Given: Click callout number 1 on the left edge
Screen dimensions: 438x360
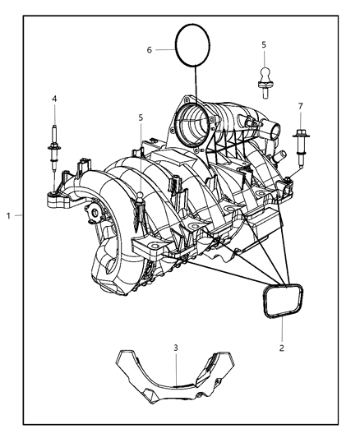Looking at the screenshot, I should (7, 215).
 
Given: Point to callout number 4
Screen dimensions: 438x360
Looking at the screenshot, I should (54, 99).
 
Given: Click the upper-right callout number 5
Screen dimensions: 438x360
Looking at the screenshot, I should (263, 44).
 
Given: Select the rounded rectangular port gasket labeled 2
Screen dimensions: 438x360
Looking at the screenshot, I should (282, 302).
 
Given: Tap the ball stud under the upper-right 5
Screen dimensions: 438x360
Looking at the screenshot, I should (263, 76).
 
